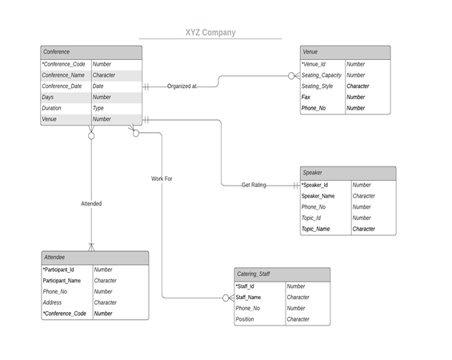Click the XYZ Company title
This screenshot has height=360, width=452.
pos(210,33)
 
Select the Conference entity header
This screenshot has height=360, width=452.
pos(91,53)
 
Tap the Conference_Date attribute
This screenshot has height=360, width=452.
pos(62,86)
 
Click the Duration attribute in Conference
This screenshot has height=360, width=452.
pos(51,108)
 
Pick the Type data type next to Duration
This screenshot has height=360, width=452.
pos(98,108)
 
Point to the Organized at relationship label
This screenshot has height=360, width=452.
pos(182,86)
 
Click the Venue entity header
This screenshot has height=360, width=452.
pos(346,53)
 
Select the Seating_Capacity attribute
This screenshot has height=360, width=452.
pos(322,75)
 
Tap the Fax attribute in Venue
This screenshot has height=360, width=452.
pos(306,97)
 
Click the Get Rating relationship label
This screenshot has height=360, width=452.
pos(254,185)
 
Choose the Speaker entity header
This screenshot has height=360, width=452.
pos(348,174)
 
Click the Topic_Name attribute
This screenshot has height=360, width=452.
pos(316,229)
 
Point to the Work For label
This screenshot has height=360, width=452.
pos(162,178)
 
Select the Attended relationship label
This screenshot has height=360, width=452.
pos(91,204)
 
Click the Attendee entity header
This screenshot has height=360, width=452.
pos(95,258)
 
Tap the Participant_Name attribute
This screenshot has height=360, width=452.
pos(62,281)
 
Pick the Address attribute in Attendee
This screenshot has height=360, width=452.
pos(52,302)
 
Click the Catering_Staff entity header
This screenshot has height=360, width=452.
pos(282,274)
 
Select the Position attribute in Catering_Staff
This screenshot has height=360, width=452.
pos(245,319)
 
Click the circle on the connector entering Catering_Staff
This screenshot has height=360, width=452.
pos(226,298)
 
